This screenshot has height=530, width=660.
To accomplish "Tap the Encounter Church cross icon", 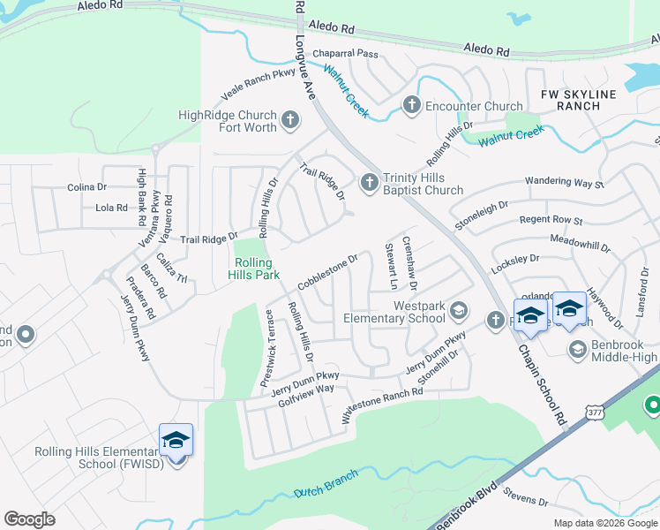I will tap(410, 106).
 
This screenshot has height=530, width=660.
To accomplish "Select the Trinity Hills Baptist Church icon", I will tap(370, 182).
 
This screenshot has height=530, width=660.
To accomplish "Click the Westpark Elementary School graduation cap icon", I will tap(458, 310).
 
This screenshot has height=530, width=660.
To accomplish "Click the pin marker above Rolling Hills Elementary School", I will tap(176, 440).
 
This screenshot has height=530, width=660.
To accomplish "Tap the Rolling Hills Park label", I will tap(258, 269).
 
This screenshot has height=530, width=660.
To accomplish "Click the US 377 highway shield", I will tap(596, 413).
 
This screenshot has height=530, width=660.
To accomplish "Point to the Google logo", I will tap(29, 519).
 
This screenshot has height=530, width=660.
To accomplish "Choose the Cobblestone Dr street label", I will tap(327, 272).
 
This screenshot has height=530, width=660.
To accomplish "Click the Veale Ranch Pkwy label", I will tap(258, 87).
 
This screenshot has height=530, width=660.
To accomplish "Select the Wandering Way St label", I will tap(564, 183).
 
